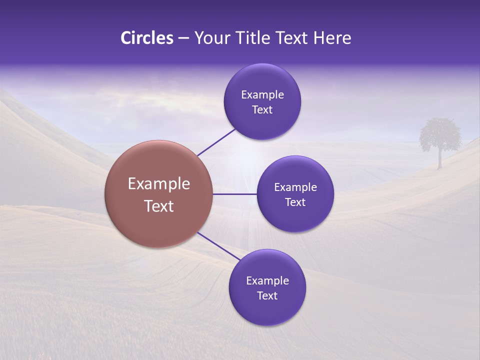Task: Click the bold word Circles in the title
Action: point(146,38)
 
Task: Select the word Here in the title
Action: point(332,38)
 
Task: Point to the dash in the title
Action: point(183,38)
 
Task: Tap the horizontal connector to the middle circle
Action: point(234,194)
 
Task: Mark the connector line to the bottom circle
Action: point(219,246)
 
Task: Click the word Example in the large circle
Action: point(159,184)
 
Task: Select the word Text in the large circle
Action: point(159,206)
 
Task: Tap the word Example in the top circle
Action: point(262,95)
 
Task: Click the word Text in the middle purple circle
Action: point(295,202)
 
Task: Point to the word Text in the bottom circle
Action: point(267,296)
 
